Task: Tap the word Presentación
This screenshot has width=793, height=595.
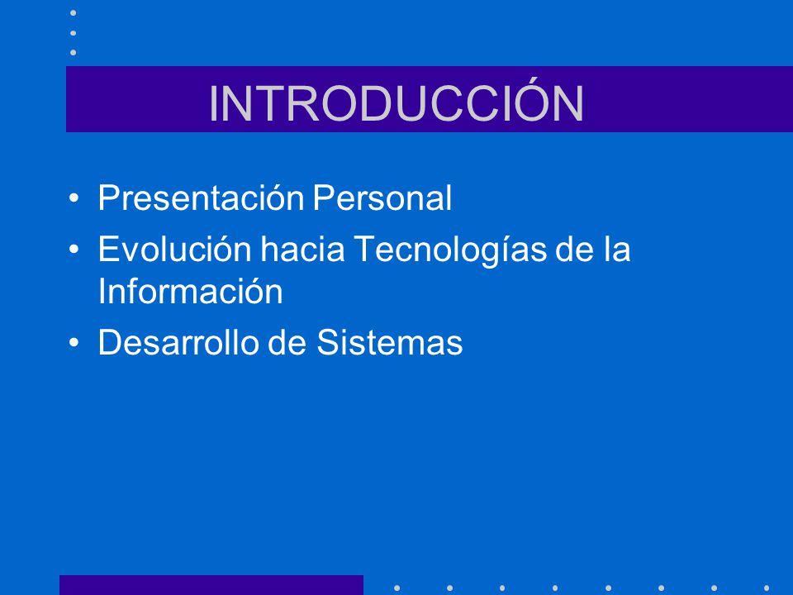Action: click(201, 198)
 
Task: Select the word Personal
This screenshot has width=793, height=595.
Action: click(382, 198)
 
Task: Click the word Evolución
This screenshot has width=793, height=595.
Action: click(175, 249)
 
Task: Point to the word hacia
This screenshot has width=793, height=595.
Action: click(302, 249)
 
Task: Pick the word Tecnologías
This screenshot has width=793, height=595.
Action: click(450, 250)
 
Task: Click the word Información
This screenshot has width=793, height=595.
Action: click(190, 291)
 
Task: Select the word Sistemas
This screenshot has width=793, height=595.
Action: click(389, 342)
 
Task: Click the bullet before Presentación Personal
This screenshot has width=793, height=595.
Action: click(74, 198)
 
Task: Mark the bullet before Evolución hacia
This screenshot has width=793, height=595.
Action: click(74, 250)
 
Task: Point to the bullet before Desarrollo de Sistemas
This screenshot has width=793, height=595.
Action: click(74, 342)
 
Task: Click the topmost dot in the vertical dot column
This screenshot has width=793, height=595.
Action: click(74, 12)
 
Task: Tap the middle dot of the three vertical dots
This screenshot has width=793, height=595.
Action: click(74, 33)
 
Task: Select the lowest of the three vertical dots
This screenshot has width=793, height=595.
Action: click(74, 53)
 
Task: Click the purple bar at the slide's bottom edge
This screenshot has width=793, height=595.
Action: click(211, 585)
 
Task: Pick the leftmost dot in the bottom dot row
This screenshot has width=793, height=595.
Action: click(397, 588)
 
